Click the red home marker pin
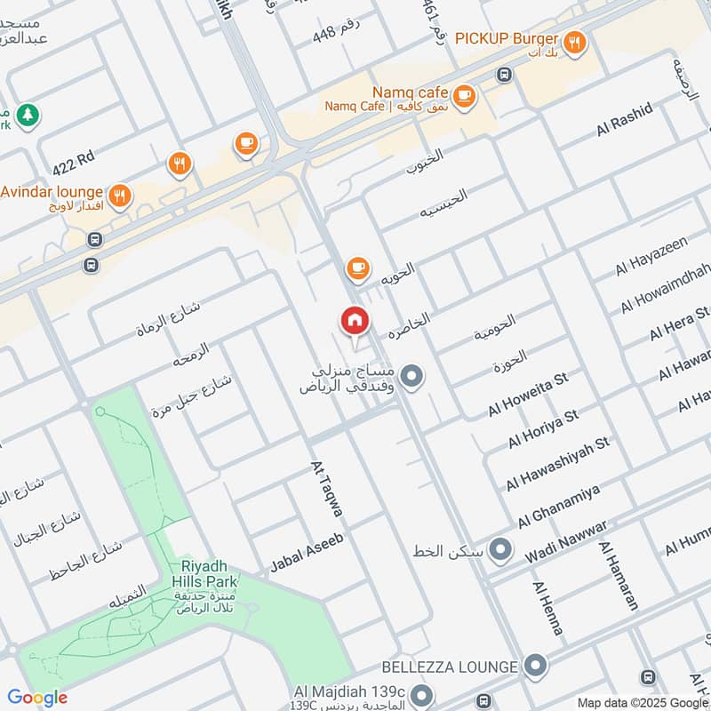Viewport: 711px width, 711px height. tap(354, 321)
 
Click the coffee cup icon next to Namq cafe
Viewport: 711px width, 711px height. tap(463, 94)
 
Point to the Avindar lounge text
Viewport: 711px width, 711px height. tap(51, 192)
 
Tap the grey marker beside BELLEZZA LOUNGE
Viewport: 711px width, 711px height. tap(534, 665)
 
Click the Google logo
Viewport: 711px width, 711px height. tap(37, 698)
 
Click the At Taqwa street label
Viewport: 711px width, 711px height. tap(326, 489)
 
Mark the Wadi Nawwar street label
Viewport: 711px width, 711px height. tap(565, 540)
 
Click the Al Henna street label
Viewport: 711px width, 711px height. tap(547, 608)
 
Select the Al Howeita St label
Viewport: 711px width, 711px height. tap(527, 395)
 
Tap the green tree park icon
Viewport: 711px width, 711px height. tap(28, 114)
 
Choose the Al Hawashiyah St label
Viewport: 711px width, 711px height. tap(558, 464)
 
